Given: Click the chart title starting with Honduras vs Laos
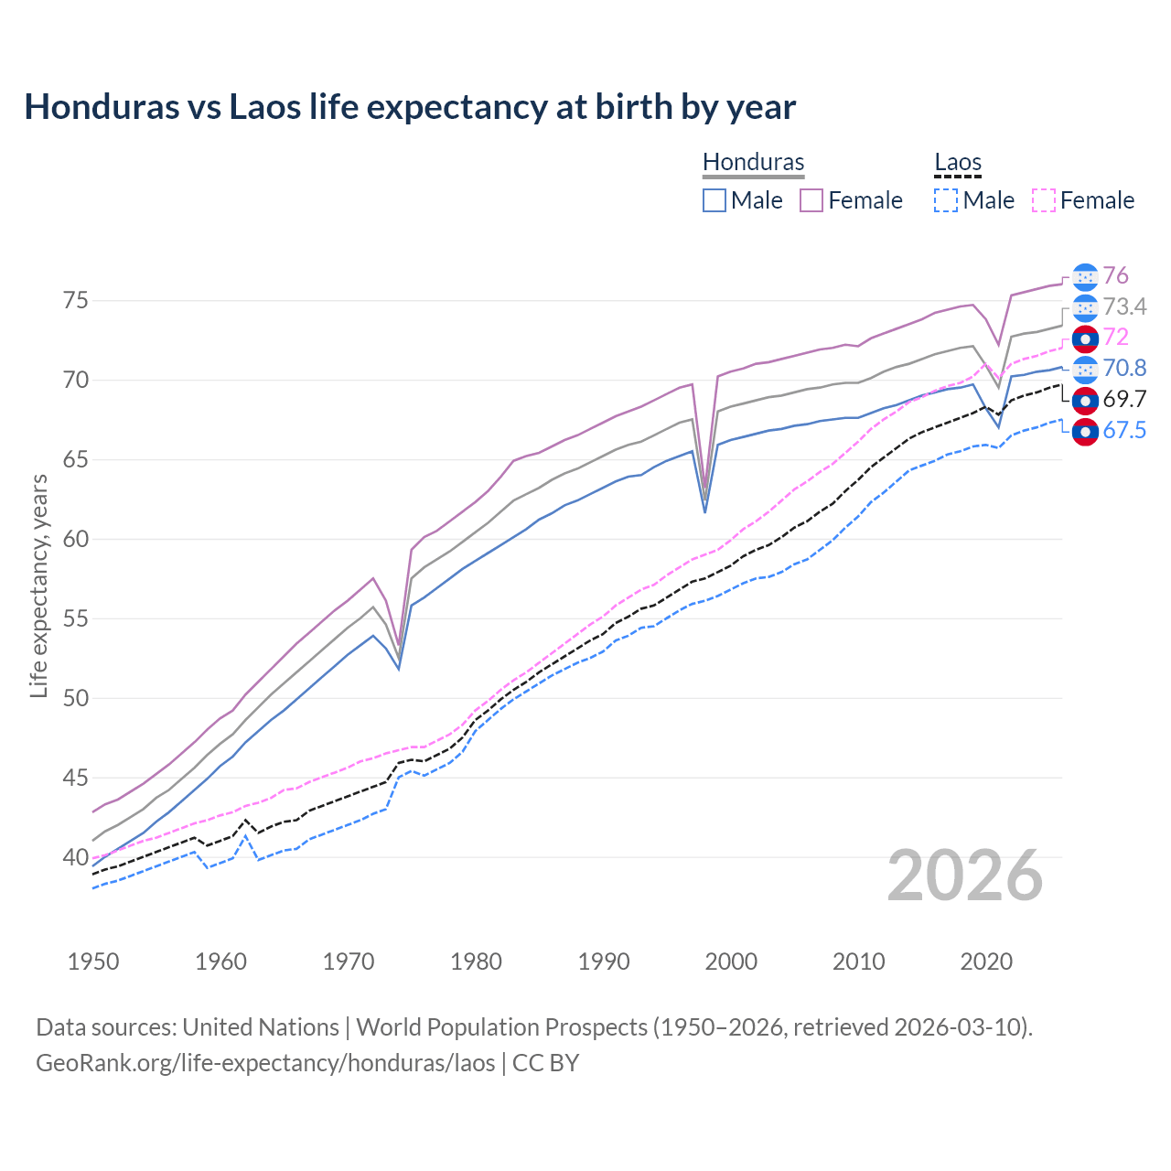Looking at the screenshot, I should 410,107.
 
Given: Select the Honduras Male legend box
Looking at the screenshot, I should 714,200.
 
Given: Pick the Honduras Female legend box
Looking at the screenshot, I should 811,200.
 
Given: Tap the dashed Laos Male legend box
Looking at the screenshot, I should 946,200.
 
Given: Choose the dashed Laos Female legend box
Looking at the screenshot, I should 1043,200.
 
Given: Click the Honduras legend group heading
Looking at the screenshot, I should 753,162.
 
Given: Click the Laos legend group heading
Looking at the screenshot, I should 958,162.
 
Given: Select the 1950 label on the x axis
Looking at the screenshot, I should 93,962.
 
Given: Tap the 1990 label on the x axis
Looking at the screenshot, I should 604,962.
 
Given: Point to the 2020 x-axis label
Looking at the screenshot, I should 986,962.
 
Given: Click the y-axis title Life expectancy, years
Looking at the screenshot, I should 38,585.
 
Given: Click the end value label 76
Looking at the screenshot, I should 1115,276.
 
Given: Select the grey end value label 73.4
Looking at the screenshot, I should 1124,306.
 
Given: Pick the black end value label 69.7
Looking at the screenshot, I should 1124,399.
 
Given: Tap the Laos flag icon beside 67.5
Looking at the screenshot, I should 1085,431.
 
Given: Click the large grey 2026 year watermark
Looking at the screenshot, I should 965,876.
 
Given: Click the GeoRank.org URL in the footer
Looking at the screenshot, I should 265,1063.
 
